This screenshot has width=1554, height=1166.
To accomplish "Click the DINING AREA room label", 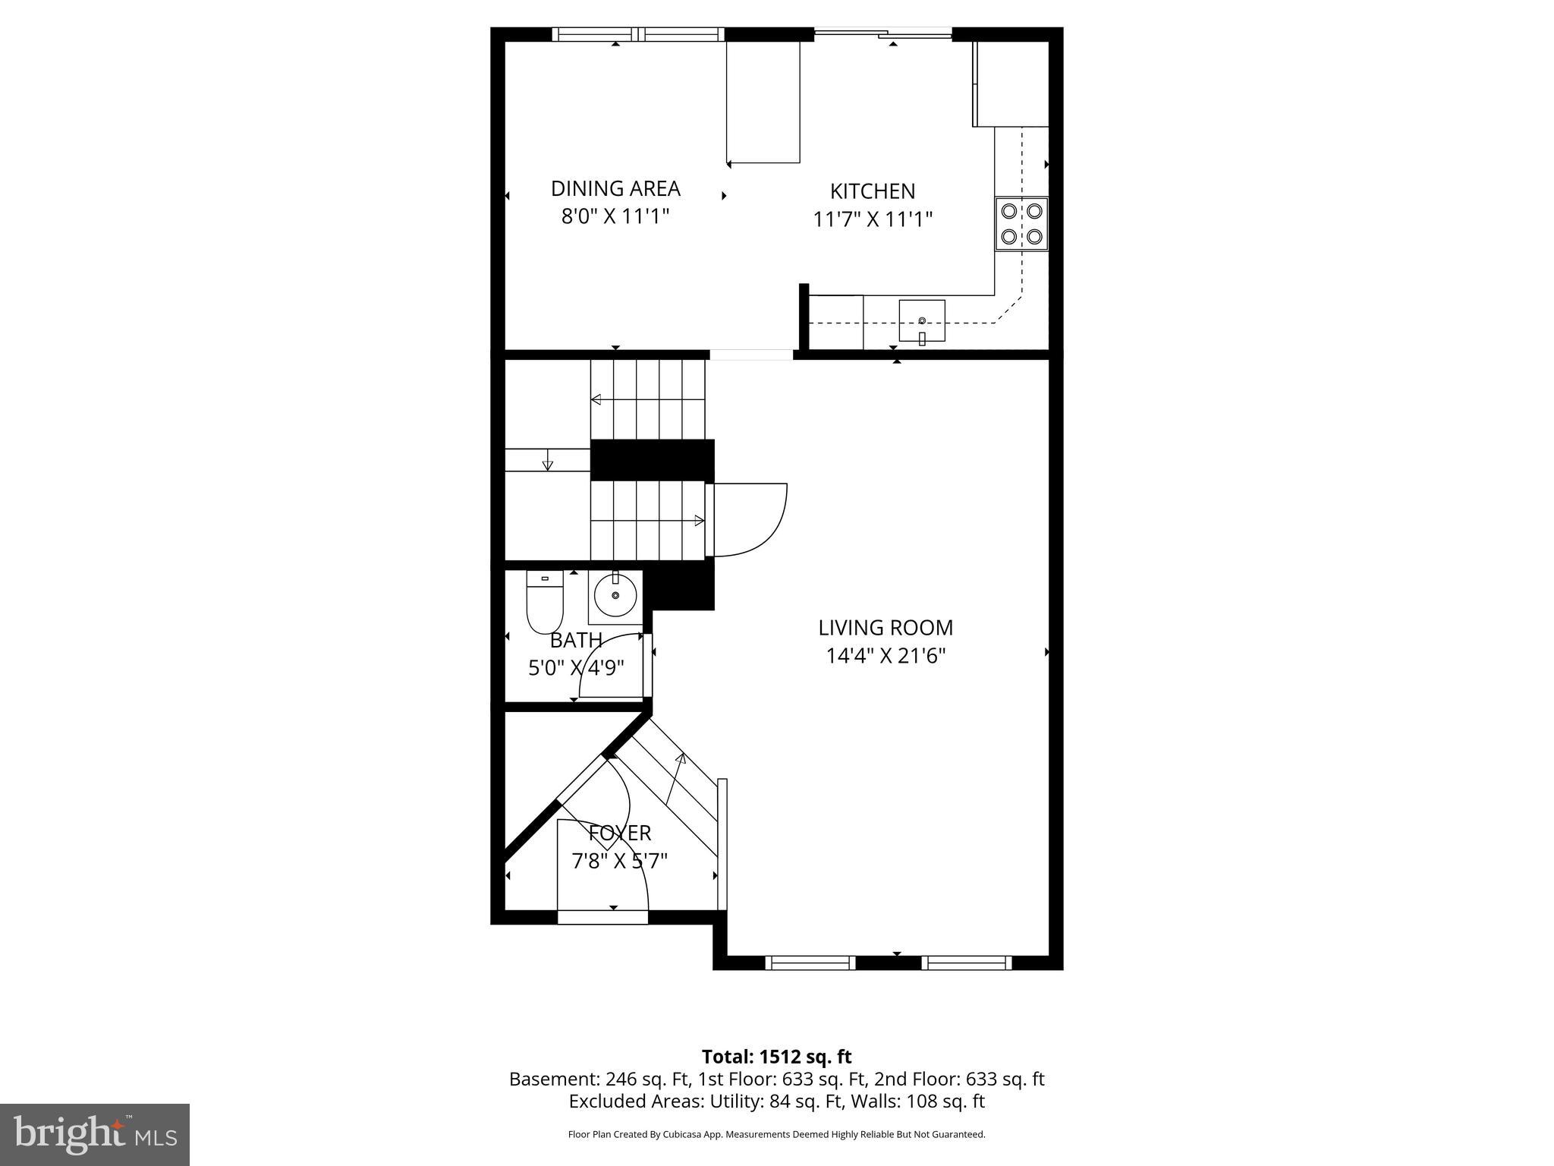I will click(x=615, y=188).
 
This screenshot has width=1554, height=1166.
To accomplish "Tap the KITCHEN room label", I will click(x=873, y=191).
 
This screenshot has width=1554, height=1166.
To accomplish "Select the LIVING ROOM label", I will click(x=886, y=628).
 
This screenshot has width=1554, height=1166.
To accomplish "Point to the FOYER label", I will click(x=620, y=833).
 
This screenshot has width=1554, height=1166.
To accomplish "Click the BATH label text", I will click(x=577, y=641).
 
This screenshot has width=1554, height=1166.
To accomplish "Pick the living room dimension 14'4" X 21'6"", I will click(x=886, y=655).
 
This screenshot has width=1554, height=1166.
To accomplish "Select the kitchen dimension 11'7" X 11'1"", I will click(x=873, y=219).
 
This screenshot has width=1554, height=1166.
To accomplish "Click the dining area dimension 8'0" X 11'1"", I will click(x=615, y=216).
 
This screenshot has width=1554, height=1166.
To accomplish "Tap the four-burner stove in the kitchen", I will click(x=1021, y=224).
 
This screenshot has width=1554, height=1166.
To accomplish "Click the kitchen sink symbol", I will click(x=922, y=321).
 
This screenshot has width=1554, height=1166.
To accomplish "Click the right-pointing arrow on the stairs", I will click(x=699, y=521).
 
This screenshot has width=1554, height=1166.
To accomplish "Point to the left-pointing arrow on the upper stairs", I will click(x=596, y=399).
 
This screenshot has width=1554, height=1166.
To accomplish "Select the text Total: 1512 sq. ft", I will click(x=776, y=1057).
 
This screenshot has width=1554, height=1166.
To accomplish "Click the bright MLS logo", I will click(x=95, y=1134).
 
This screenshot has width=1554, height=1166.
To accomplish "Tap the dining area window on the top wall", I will click(x=638, y=34).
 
